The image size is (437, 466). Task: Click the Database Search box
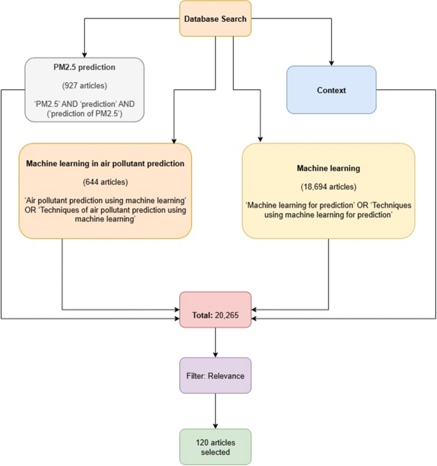[x=215, y=18]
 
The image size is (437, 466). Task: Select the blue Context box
[x=331, y=90]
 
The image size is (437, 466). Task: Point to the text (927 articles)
[x=84, y=85]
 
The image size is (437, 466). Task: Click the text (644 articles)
[x=105, y=180]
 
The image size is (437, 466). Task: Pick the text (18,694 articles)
[x=328, y=187]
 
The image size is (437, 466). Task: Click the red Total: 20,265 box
[x=216, y=310]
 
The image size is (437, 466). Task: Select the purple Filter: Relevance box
[x=216, y=375]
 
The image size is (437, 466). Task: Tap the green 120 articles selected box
[x=216, y=446]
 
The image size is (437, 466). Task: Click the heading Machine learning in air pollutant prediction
[x=105, y=163]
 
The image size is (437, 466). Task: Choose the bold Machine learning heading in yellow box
[x=328, y=169]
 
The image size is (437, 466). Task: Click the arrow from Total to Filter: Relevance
[x=216, y=343]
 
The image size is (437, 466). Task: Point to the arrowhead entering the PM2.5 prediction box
[x=84, y=54]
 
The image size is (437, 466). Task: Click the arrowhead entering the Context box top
[x=331, y=62]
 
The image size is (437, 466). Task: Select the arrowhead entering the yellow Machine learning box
[x=260, y=139]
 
